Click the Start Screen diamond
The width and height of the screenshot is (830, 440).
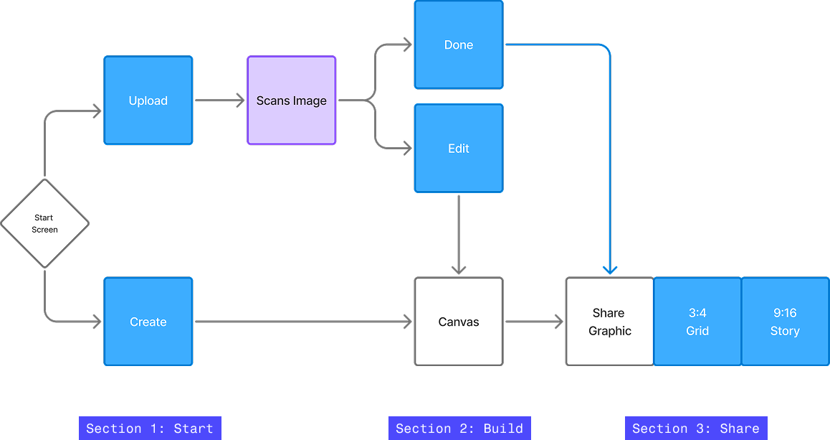coord(44,224)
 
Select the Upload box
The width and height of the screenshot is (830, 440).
coord(148,100)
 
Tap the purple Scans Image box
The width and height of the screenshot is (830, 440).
coord(292,100)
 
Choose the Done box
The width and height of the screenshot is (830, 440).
coord(459,45)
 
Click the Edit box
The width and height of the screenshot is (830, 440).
coord(459,149)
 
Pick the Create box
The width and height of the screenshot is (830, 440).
coord(148,322)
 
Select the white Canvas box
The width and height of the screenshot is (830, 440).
coord(459,322)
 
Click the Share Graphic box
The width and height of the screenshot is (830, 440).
coord(610,322)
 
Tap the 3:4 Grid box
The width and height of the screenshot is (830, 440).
coord(697,322)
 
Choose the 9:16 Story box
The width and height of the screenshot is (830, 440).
coord(785,322)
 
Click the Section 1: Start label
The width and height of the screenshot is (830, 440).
coord(150,429)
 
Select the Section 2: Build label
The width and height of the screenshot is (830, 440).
coord(459,429)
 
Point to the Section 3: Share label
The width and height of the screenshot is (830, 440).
coord(696,429)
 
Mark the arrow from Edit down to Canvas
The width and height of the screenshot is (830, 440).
coord(459,234)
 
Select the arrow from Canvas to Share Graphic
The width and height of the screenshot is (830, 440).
coord(534,322)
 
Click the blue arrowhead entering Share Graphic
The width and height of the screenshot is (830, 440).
coord(610,270)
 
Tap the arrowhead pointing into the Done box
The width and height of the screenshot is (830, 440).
coord(407,45)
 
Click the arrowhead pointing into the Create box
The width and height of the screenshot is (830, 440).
coord(96,322)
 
